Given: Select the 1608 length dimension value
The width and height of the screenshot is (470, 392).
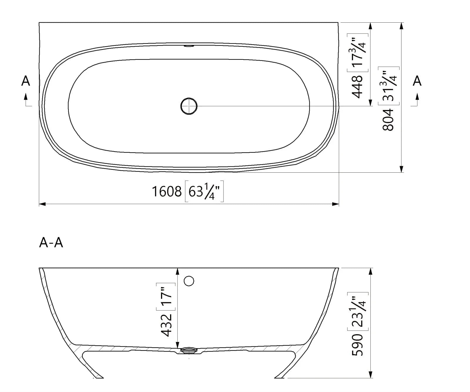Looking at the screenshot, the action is pyautogui.click(x=167, y=191).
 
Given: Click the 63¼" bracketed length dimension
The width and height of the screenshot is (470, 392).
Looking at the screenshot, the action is pyautogui.click(x=204, y=191).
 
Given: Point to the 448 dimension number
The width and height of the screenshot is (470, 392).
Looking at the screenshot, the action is pyautogui.click(x=357, y=86).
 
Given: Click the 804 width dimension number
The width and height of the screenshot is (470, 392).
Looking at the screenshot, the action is pyautogui.click(x=388, y=119).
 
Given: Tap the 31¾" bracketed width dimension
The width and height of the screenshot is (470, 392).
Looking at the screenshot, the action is pyautogui.click(x=389, y=86).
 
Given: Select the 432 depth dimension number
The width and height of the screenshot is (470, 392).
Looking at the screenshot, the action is pyautogui.click(x=167, y=325).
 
